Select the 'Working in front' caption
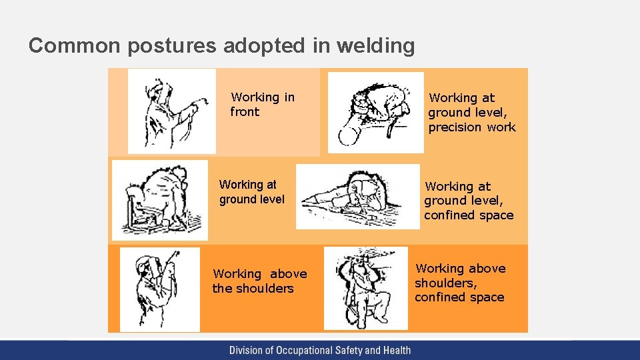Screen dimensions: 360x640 262,105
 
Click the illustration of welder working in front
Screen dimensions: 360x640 172,111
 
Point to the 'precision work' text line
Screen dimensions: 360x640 472,127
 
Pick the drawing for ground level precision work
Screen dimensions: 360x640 375,112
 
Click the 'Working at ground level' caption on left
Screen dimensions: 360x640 251,192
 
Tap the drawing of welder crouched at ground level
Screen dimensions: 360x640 160,199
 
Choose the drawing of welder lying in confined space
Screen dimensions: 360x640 357,196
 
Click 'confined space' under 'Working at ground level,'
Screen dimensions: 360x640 469,215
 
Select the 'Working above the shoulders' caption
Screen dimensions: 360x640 259,281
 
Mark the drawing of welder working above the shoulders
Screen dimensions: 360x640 159,289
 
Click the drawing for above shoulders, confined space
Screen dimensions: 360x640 365,287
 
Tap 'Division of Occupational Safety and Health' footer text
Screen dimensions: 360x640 320,350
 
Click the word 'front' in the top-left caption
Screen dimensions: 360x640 245,112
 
